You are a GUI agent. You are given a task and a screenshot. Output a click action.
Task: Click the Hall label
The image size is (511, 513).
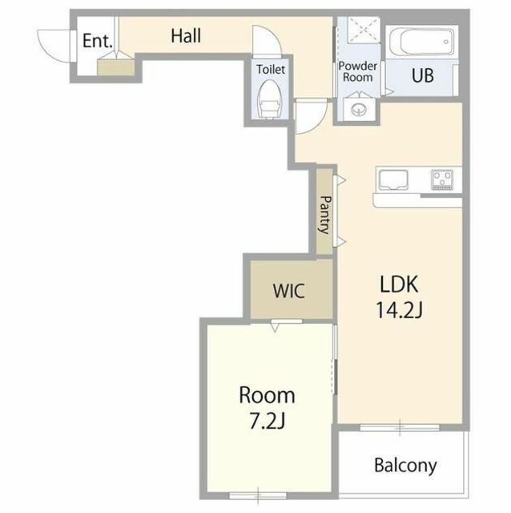tap(186, 36)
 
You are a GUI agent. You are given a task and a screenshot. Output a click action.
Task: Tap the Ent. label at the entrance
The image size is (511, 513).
tap(98, 41)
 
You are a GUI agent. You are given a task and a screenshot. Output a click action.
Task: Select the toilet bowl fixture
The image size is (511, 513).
tap(269, 99)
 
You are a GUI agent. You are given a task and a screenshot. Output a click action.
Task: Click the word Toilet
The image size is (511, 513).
tap(271, 70)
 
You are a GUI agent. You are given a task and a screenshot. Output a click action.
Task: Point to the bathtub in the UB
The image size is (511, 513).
tap(422, 42)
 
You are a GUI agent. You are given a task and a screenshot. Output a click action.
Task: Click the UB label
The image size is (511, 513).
tap(422, 76)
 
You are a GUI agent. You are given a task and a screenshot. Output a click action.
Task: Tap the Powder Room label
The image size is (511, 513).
tap(358, 71)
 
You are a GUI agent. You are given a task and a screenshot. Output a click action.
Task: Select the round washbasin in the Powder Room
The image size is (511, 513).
tap(359, 108)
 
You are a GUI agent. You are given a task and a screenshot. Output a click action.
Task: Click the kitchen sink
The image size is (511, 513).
tap(393, 180)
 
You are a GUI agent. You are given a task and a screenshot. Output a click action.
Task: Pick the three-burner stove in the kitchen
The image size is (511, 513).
tap(441, 180)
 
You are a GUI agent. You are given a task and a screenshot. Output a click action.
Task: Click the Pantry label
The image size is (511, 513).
tap(325, 215)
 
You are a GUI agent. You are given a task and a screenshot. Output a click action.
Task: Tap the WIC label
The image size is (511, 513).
tap(289, 290)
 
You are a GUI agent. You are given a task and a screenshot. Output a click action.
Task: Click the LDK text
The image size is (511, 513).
tap(399, 284)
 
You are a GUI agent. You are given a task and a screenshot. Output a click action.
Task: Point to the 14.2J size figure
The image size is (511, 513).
tap(399, 310)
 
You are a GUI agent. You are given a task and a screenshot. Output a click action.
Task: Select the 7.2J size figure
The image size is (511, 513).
tap(268, 421)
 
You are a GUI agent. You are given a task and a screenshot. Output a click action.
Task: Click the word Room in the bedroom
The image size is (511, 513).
tap(267, 395)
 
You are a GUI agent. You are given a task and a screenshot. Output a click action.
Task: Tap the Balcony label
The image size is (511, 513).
tap(405, 465)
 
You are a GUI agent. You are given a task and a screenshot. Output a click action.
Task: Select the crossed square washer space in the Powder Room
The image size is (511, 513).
tap(364, 30)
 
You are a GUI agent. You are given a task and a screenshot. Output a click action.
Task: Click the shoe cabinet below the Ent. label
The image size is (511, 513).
tap(116, 67)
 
